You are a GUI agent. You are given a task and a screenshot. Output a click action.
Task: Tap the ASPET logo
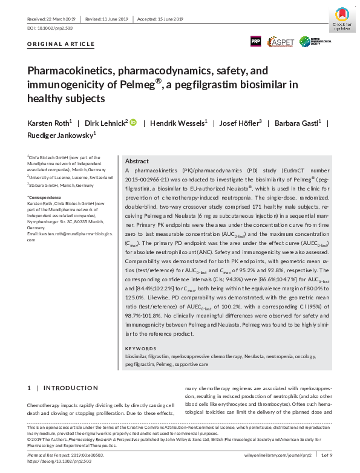point(281,42)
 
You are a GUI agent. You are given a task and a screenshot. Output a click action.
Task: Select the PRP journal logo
point(257,42)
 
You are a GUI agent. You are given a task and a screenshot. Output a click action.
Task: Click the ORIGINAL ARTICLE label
point(61,44)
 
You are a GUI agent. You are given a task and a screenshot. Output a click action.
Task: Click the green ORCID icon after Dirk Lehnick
point(133,123)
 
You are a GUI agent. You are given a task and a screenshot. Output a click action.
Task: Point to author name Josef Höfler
point(239,123)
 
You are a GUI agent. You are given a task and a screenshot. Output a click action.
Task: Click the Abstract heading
point(137,161)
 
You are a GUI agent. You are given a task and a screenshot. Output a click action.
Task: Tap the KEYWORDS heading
point(140,349)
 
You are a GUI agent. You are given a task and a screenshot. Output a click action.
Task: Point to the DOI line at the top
point(50,28)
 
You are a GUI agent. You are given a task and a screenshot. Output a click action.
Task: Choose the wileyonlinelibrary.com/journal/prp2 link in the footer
point(281,454)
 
